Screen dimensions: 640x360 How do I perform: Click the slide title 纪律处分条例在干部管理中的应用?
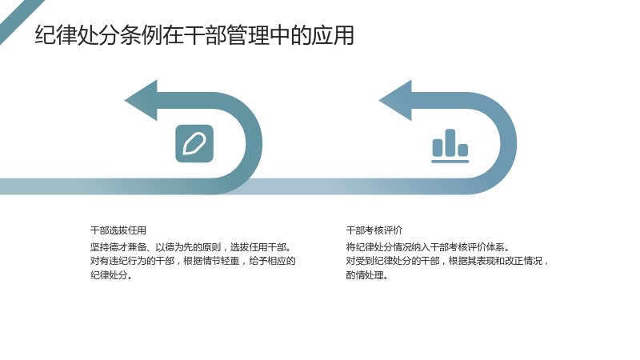(194, 35)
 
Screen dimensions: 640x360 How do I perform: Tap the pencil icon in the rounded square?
(194, 143)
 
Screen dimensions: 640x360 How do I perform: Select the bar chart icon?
(450, 146)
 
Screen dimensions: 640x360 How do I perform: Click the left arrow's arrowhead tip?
(125, 101)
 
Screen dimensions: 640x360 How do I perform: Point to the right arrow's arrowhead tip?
(379, 101)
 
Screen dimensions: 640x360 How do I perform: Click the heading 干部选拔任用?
(118, 230)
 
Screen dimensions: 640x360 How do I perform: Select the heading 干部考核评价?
(374, 230)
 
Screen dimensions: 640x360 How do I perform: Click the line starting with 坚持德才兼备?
(191, 247)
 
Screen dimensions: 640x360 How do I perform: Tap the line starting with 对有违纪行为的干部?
(193, 261)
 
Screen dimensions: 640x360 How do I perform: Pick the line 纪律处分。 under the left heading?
(111, 275)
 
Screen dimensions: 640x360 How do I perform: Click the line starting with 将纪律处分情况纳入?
(428, 247)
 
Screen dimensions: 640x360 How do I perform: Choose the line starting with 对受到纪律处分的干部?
(447, 261)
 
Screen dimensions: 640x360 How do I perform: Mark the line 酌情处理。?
(367, 275)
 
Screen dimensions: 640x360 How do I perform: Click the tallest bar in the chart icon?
(450, 142)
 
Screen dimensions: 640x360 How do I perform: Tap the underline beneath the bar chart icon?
(450, 162)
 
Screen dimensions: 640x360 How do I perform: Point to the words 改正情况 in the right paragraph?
(524, 261)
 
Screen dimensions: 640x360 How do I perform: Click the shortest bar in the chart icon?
(463, 150)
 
